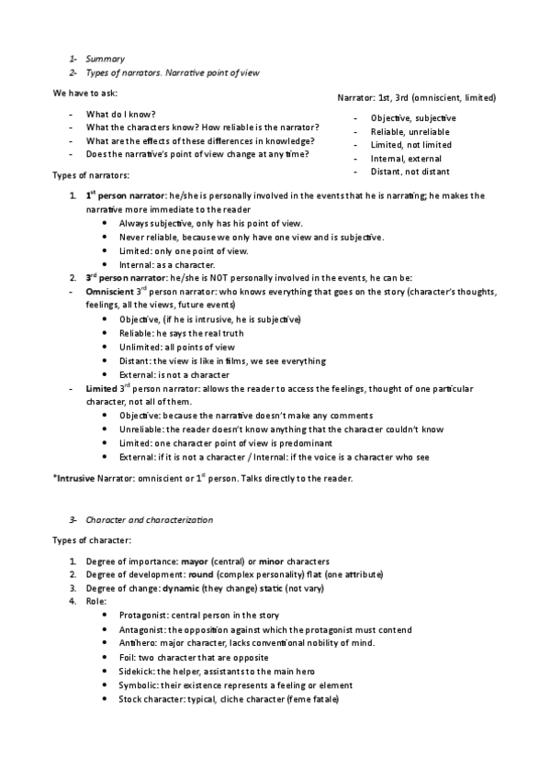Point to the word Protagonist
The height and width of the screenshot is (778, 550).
click(143, 615)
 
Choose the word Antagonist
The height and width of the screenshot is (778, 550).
click(142, 629)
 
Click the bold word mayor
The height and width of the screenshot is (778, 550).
click(195, 560)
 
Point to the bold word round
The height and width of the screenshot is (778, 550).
click(200, 573)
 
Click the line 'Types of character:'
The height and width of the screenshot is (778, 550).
click(92, 540)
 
